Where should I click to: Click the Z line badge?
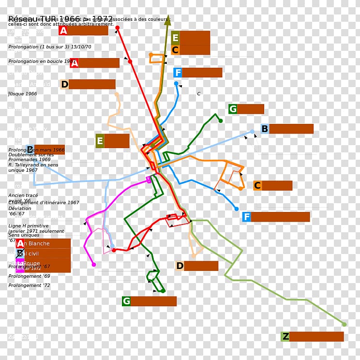285,336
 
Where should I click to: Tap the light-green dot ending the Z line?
344,324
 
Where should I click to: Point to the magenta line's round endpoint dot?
94,265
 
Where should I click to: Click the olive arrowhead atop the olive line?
167,21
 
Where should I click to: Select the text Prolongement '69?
29,276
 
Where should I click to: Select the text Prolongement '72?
29,285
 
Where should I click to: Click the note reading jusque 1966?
22,94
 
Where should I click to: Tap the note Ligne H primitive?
29,226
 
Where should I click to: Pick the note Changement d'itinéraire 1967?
44,203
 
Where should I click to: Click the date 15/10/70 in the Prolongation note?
81,47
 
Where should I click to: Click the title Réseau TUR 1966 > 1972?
60,19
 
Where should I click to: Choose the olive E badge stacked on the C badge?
175,38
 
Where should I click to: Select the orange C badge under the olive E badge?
175,50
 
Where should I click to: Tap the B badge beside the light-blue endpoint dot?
265,129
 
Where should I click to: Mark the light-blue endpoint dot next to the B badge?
252,131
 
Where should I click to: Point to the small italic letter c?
198,94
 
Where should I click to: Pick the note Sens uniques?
24,235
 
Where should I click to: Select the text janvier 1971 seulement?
36,231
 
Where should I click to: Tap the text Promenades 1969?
30,159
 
